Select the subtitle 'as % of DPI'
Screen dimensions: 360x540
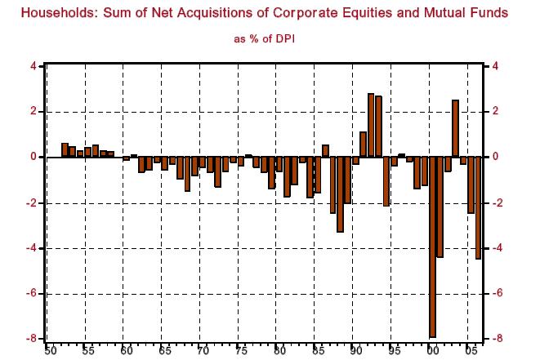click(270, 39)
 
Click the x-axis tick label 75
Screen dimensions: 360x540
click(241, 350)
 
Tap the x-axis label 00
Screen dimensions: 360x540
click(432, 350)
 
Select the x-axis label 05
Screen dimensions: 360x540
click(471, 350)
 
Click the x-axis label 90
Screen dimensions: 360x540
click(355, 350)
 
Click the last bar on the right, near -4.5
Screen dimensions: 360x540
click(479, 207)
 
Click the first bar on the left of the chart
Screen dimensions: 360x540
click(65, 150)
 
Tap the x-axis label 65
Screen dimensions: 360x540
click(164, 350)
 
